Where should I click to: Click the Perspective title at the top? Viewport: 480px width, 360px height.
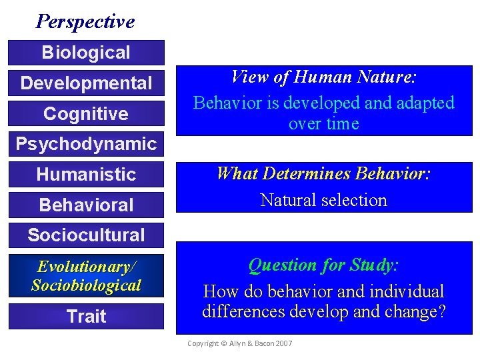pos(85,21)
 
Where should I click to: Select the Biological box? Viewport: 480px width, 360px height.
pos(85,52)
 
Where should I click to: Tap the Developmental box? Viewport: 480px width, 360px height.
pos(85,83)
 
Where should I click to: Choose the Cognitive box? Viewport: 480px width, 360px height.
pos(85,114)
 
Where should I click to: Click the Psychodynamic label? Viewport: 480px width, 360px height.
pos(85,143)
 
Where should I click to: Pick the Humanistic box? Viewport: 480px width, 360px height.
pos(85,175)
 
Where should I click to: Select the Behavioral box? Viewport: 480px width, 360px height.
pos(85,205)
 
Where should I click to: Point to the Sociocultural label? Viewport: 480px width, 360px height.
pos(85,235)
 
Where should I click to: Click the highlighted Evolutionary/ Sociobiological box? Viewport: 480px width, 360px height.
pos(85,276)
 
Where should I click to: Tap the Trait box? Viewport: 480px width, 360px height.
pos(85,316)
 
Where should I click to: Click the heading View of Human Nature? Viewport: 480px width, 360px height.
pos(323,77)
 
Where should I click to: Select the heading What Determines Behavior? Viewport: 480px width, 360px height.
pos(323,175)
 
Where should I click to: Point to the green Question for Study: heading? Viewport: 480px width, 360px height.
pos(323,265)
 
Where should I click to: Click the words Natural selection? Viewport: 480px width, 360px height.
pos(323,200)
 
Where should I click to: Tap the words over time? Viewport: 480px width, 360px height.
pos(323,124)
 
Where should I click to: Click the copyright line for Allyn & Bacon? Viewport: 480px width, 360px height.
pos(239,343)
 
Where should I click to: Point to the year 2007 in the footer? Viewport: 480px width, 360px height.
pos(283,343)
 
